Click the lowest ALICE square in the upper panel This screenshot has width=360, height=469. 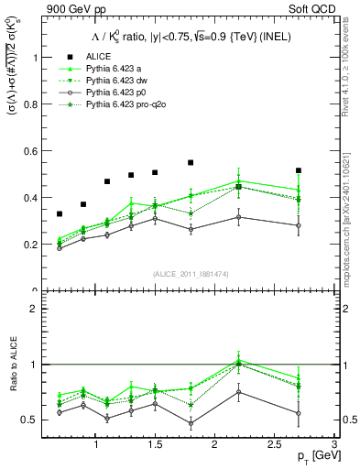[x=60, y=214]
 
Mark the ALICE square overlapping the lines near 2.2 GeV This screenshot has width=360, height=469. [x=238, y=187]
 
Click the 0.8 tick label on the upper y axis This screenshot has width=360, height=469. [x=30, y=104]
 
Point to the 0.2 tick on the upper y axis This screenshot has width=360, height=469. [x=30, y=245]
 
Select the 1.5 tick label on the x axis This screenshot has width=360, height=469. [x=155, y=445]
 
